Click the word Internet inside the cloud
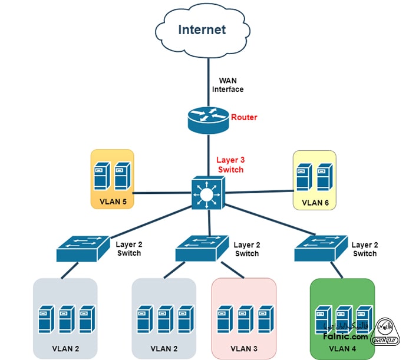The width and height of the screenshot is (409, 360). click(202, 29)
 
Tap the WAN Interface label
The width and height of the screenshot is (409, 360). click(227, 85)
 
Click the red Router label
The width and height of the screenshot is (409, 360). click(244, 117)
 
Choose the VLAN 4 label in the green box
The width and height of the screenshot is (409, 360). click(342, 348)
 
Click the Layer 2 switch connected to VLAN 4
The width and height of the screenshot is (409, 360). click(321, 248)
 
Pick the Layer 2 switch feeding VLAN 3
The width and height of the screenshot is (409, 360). click(202, 248)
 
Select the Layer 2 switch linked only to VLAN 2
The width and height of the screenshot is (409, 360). click(83, 248)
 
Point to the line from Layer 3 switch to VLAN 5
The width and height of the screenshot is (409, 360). click(162, 193)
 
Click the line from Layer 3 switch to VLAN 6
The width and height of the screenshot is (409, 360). click(259, 191)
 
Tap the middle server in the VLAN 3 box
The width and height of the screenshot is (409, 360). click(245, 319)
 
